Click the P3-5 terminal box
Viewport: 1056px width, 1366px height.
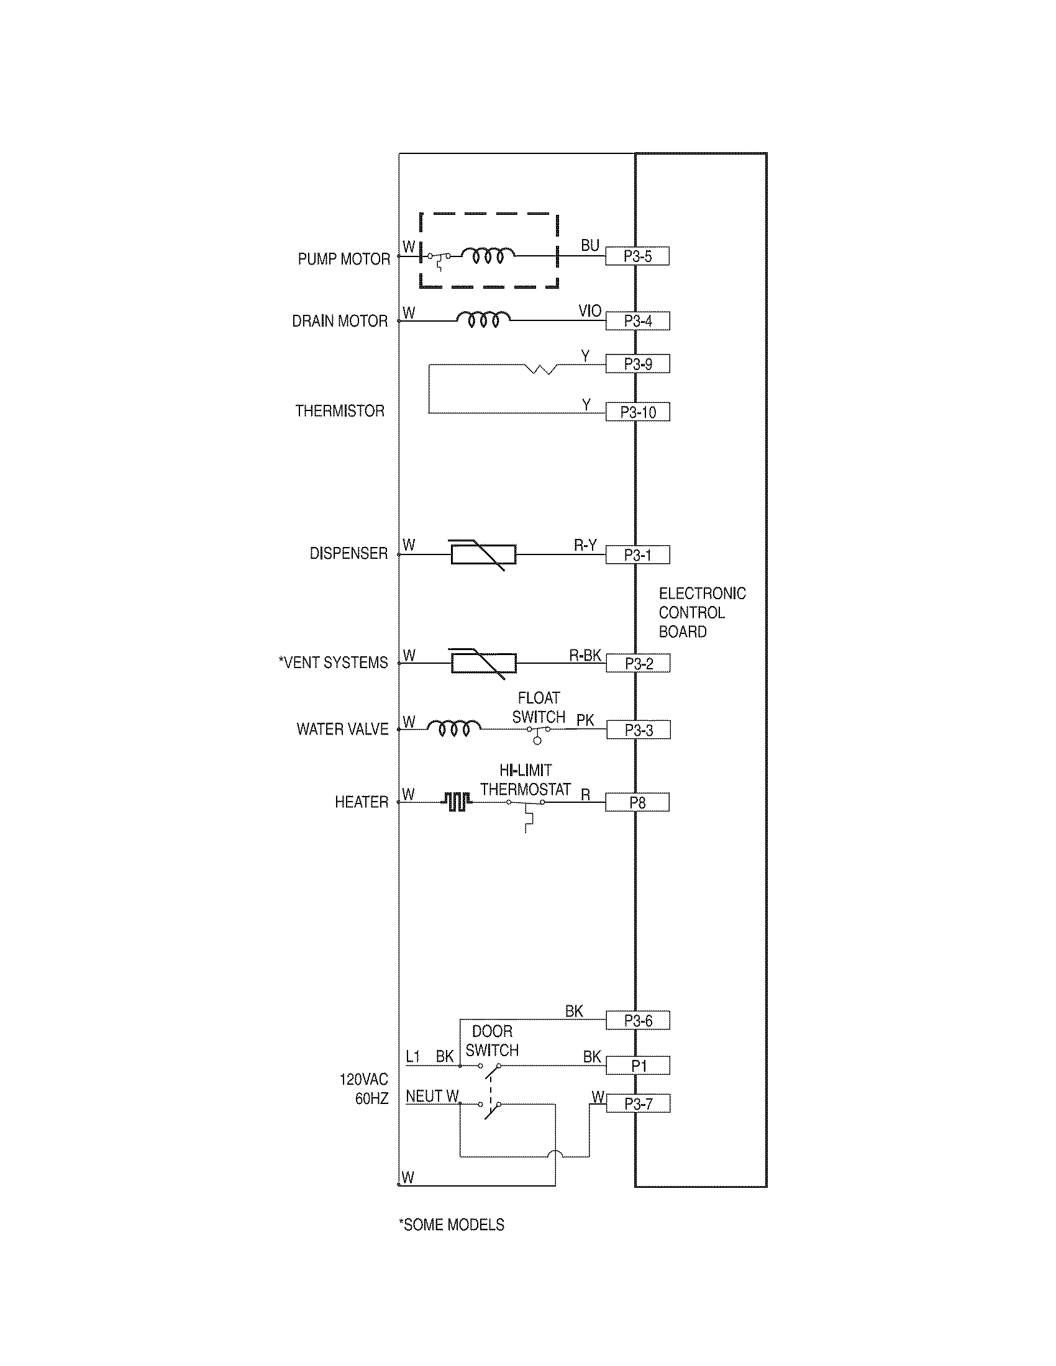click(x=637, y=256)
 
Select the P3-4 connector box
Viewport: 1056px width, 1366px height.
click(x=637, y=321)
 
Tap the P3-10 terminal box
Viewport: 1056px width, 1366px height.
click(x=637, y=412)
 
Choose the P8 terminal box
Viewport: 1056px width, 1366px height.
click(x=637, y=802)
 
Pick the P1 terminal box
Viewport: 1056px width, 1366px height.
click(x=637, y=1065)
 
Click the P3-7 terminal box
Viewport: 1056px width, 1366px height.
click(x=637, y=1104)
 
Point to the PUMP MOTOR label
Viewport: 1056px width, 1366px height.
click(x=344, y=259)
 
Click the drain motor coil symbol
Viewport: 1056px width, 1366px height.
click(x=483, y=320)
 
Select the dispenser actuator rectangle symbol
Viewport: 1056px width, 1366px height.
click(x=483, y=554)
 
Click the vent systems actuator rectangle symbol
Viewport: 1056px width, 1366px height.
click(x=483, y=663)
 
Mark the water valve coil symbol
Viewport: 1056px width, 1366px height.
click(x=454, y=728)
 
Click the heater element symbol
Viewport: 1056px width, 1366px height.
click(x=457, y=802)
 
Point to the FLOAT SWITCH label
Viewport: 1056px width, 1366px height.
click(x=539, y=707)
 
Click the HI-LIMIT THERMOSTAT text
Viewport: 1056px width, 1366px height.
click(x=526, y=780)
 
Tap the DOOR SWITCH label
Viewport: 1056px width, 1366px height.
click(x=492, y=1041)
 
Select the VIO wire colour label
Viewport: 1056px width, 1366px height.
click(x=589, y=311)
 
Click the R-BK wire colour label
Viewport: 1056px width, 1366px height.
click(x=585, y=655)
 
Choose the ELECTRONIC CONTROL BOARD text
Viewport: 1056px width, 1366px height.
click(x=701, y=612)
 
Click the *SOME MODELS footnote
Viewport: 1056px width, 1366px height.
click(x=451, y=1224)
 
